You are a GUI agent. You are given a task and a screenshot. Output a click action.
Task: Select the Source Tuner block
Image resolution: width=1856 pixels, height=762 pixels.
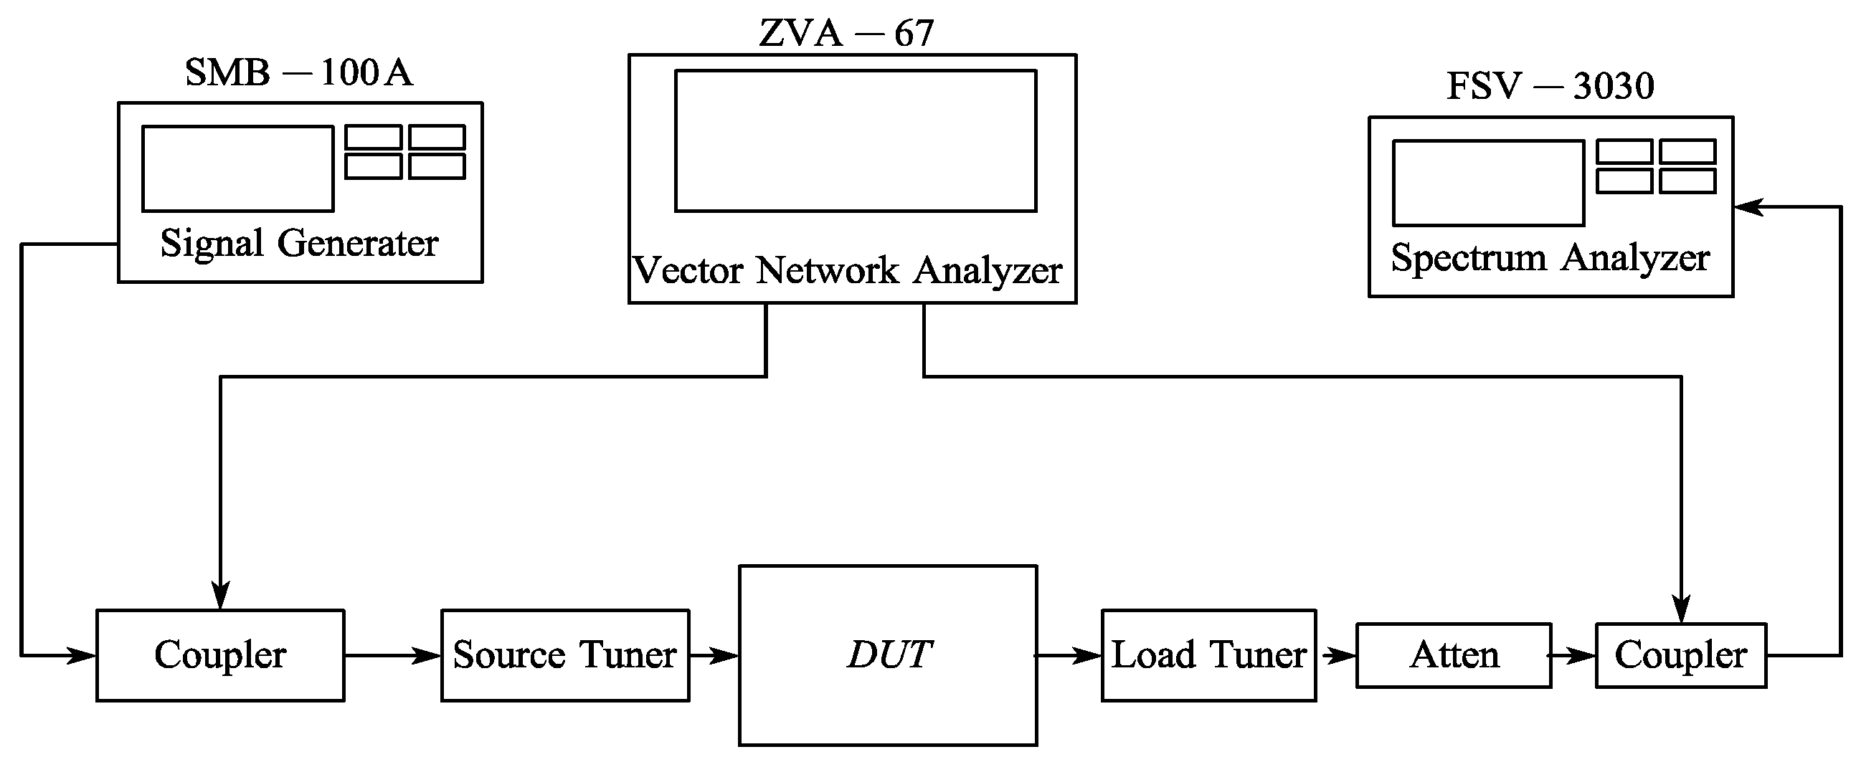[x=565, y=654]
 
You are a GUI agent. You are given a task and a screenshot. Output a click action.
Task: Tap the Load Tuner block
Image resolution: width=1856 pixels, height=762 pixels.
[x=1208, y=654]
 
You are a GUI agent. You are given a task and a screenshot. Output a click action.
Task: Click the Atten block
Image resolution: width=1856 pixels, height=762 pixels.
[x=1453, y=655]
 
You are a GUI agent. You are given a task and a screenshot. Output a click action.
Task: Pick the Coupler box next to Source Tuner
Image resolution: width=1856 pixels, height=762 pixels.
[x=219, y=654]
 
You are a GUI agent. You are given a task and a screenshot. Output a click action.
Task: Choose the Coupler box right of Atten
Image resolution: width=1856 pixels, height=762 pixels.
[x=1680, y=655]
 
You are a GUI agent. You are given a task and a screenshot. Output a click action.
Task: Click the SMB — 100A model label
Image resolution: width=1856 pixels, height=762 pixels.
[x=298, y=72]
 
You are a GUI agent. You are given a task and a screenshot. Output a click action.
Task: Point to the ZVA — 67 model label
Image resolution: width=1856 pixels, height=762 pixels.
[x=846, y=33]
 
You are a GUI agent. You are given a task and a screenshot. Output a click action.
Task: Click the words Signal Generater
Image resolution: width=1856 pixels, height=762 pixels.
[x=299, y=244]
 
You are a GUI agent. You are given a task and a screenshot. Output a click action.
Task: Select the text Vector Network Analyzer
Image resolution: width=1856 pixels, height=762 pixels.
[x=847, y=271]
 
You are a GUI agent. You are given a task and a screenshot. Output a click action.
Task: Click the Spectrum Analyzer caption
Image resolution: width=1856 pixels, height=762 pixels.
[x=1550, y=258]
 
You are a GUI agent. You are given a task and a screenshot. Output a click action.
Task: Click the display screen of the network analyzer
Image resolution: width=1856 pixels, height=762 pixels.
[x=856, y=141]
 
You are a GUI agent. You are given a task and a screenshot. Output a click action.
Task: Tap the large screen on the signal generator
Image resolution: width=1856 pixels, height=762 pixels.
[x=238, y=168]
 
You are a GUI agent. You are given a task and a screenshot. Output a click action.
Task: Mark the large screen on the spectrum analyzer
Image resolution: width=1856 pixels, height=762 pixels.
[x=1488, y=183]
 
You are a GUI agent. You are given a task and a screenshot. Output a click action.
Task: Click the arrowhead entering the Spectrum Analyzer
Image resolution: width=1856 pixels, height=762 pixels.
[x=1748, y=207]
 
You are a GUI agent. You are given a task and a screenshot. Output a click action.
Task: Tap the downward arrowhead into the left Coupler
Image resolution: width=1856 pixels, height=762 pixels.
[x=219, y=596]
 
